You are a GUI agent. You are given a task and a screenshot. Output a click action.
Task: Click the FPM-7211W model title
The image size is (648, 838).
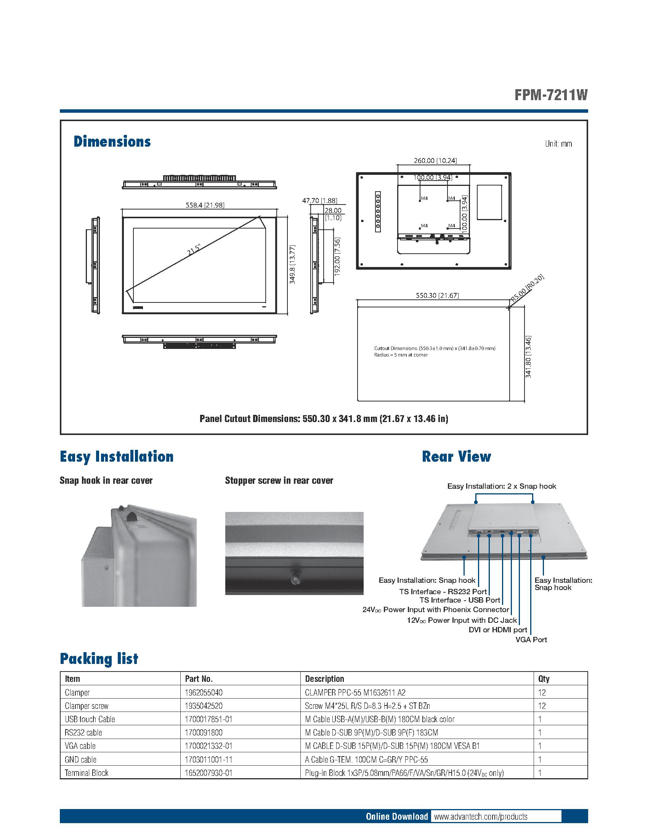click(x=551, y=95)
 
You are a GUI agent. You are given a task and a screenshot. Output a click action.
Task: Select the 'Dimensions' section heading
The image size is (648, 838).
click(x=112, y=142)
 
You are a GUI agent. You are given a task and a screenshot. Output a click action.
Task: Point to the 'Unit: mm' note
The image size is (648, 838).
click(x=558, y=144)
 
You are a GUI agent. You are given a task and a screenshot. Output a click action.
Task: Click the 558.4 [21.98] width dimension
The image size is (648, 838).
click(x=205, y=205)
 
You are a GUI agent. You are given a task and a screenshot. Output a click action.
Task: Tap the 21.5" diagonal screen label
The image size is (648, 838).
click(x=194, y=249)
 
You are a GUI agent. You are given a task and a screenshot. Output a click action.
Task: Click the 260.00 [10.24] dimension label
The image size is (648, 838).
click(x=435, y=160)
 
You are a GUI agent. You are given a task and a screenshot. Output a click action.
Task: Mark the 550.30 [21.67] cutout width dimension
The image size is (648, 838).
click(x=437, y=295)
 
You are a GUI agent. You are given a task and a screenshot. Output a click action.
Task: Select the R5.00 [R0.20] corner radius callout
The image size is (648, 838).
click(x=528, y=288)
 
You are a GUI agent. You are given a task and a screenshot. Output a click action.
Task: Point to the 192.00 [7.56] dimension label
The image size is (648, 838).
click(x=337, y=256)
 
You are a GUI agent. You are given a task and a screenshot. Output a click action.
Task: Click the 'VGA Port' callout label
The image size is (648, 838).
click(x=531, y=640)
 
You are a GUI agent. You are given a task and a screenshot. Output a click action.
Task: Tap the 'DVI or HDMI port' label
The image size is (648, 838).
click(x=498, y=630)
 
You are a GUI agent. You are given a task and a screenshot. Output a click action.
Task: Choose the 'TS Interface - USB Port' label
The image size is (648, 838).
click(x=460, y=600)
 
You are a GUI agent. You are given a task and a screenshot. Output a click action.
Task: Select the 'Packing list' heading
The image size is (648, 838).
click(x=99, y=659)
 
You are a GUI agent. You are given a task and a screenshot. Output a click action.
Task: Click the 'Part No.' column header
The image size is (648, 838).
click(x=199, y=678)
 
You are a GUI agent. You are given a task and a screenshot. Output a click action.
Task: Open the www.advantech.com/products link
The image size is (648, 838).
click(x=480, y=817)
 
